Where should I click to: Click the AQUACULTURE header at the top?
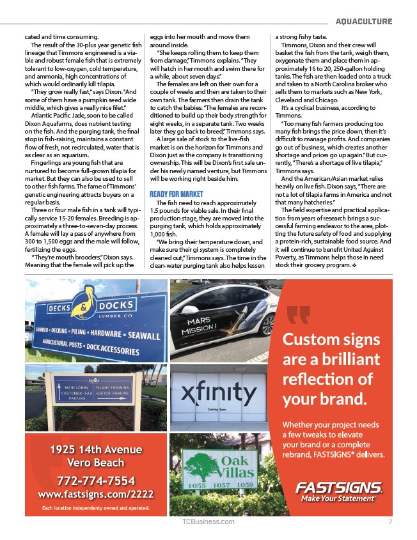click(364, 22)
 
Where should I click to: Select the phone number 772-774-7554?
click(95, 480)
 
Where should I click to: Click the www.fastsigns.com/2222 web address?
click(95, 494)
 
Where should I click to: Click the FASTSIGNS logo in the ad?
click(338, 488)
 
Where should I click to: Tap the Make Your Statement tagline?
click(338, 498)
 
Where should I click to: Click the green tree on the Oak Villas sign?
click(198, 466)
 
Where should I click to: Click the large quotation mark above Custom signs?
click(299, 316)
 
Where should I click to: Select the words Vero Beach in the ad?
click(96, 463)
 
